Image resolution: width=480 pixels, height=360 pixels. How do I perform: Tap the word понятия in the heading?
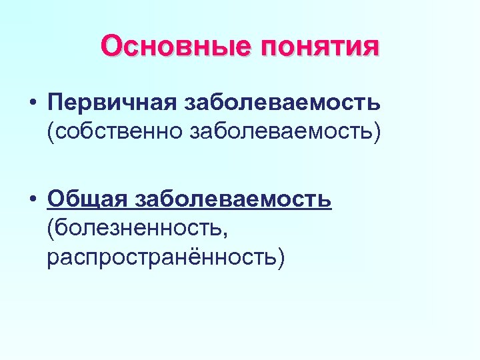click(319, 47)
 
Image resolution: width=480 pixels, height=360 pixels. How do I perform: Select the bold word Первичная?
click(113, 103)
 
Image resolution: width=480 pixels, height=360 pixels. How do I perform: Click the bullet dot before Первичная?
click(32, 104)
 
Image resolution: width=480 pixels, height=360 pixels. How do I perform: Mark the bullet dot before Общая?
click(32, 200)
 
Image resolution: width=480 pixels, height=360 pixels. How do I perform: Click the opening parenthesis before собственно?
click(51, 131)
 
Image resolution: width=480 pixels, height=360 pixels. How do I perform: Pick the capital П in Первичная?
click(55, 103)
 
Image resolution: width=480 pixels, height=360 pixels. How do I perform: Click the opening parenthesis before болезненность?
click(51, 228)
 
